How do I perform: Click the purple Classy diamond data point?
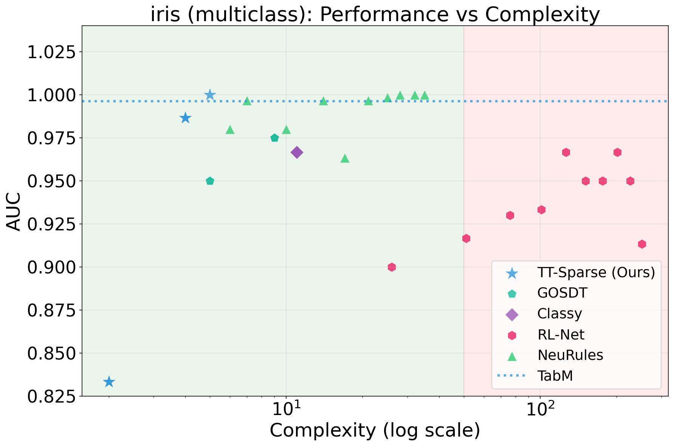click(297, 153)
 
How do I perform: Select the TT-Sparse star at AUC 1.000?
click(210, 95)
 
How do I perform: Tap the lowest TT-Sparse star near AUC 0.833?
click(109, 382)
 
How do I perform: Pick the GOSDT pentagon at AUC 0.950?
click(210, 181)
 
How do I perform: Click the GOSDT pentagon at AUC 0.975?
click(274, 138)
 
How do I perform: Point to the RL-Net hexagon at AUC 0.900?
click(392, 267)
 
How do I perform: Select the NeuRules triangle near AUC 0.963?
click(345, 158)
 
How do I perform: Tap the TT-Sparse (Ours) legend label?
click(596, 272)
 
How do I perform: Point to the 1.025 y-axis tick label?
click(52, 52)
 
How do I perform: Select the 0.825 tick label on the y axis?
click(52, 396)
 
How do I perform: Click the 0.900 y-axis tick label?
click(52, 267)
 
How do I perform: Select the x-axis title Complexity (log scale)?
click(375, 431)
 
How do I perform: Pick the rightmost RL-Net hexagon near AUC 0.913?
click(642, 244)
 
